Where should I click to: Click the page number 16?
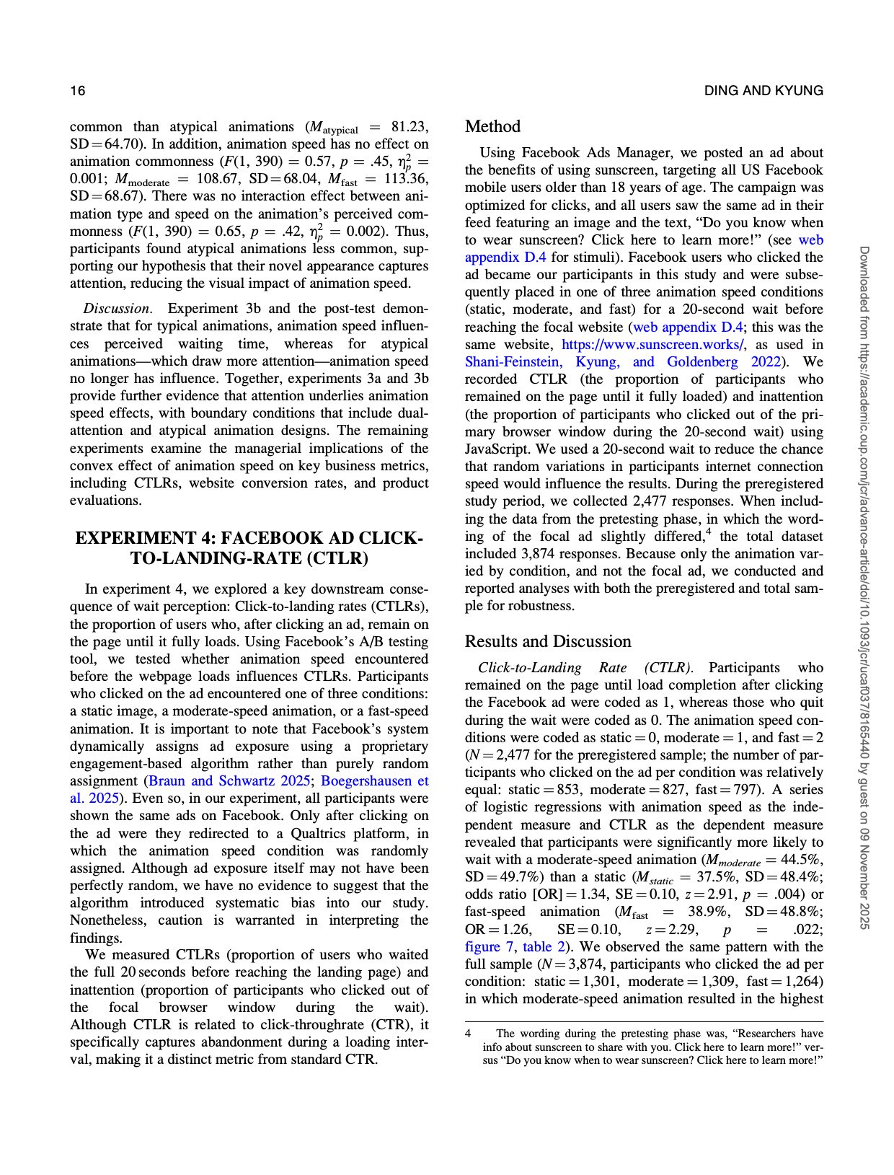point(77,91)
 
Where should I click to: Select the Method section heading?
point(492,127)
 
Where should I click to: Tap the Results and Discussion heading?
point(547,642)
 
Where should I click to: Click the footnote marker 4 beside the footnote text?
point(468,1034)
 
